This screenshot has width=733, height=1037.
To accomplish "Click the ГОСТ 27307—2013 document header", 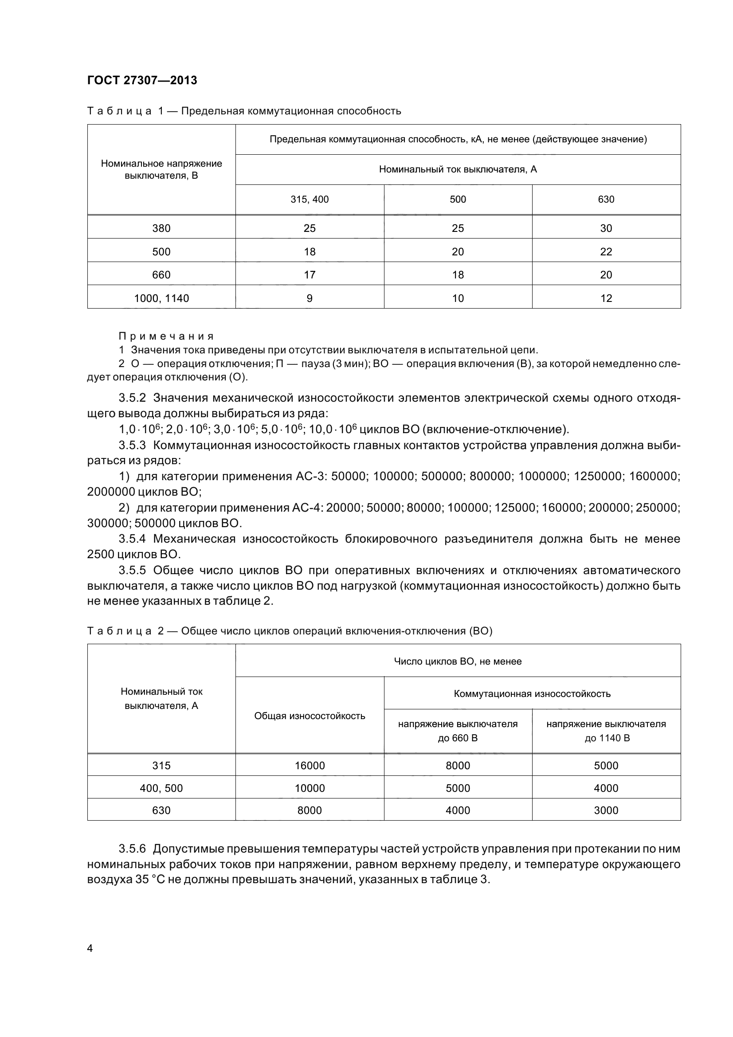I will tap(142, 80).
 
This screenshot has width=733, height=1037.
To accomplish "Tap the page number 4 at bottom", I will tap(90, 948).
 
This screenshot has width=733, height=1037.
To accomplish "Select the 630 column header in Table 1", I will tap(606, 200).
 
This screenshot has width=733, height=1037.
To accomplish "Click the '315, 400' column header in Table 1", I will tap(310, 200).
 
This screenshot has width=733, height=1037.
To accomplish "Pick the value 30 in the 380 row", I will tap(606, 228).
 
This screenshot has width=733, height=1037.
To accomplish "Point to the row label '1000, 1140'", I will tap(161, 298).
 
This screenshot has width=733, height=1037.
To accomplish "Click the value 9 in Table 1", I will tap(310, 298).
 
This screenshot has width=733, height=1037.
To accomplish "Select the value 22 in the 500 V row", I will tap(606, 252).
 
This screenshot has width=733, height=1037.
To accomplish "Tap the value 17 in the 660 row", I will tap(310, 275).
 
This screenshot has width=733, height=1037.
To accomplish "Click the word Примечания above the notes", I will tap(166, 337).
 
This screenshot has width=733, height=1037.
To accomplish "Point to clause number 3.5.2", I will tap(132, 398).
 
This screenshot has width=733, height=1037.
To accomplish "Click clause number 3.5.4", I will tap(132, 539).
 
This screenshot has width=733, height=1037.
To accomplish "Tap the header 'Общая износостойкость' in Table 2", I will tap(310, 716).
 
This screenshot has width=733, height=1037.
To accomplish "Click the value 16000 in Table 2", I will tap(310, 766).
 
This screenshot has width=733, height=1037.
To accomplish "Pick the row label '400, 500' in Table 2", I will tap(161, 788).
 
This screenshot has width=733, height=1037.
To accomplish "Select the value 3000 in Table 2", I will tap(606, 810).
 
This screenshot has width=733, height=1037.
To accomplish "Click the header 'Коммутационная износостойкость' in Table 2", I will tap(532, 694).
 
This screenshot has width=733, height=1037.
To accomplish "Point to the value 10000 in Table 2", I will tap(310, 788).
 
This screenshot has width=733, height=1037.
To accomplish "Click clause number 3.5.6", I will tap(132, 849).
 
